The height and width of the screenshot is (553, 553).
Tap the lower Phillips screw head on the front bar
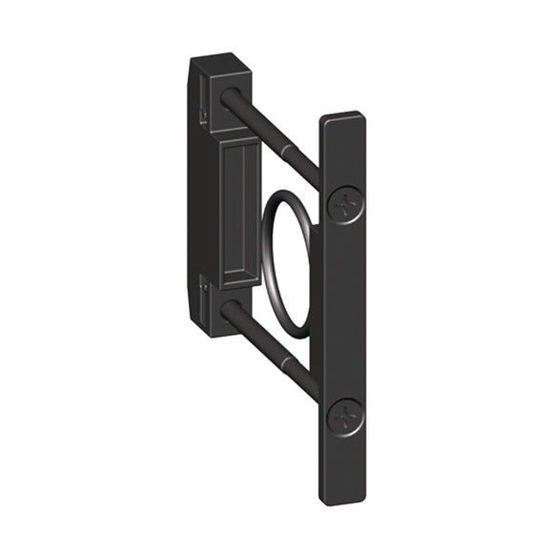(343, 417)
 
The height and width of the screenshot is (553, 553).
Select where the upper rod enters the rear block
(232, 97)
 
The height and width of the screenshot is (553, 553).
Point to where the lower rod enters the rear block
(232, 310)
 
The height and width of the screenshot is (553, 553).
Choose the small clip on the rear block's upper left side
(204, 115)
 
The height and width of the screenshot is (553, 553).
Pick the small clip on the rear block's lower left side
(204, 282)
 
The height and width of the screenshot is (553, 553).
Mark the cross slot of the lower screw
(343, 417)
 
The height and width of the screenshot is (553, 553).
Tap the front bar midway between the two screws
(342, 311)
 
